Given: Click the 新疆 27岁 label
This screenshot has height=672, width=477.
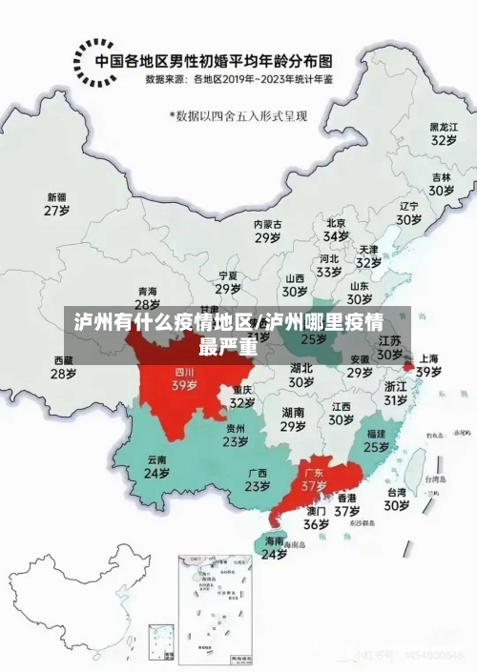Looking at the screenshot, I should point(58,205).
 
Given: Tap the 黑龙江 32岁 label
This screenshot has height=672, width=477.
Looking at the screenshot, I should point(440,132).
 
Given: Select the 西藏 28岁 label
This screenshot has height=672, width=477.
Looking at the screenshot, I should point(63,368).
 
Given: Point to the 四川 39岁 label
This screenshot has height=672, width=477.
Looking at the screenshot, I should point(184,380).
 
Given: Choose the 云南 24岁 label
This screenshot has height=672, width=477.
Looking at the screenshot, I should point(156,466).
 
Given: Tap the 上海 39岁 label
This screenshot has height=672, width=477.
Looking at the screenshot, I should point(428,365).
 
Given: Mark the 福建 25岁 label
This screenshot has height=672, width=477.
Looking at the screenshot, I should point(376,439).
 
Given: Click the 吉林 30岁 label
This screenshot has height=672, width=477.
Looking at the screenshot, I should point(440,184).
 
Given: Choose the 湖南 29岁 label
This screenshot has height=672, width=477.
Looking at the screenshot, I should point(293,419).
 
